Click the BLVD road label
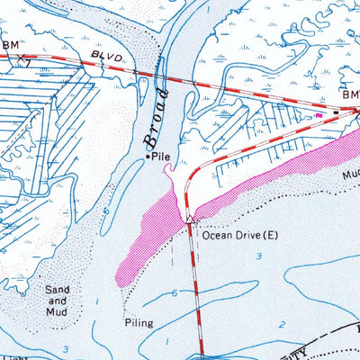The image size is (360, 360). coord(107,58)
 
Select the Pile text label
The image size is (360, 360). coord(162,157)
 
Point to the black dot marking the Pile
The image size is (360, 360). coord(148,157)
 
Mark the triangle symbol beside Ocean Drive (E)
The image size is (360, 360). coord(190,219)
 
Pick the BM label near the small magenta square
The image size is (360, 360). coord(349,94)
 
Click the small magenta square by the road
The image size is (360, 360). coord(318,114)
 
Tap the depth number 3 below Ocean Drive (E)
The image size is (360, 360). coord(259,256)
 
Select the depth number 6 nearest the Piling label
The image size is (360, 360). coord(172,293)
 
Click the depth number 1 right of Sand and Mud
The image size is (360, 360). coord(95,301)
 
